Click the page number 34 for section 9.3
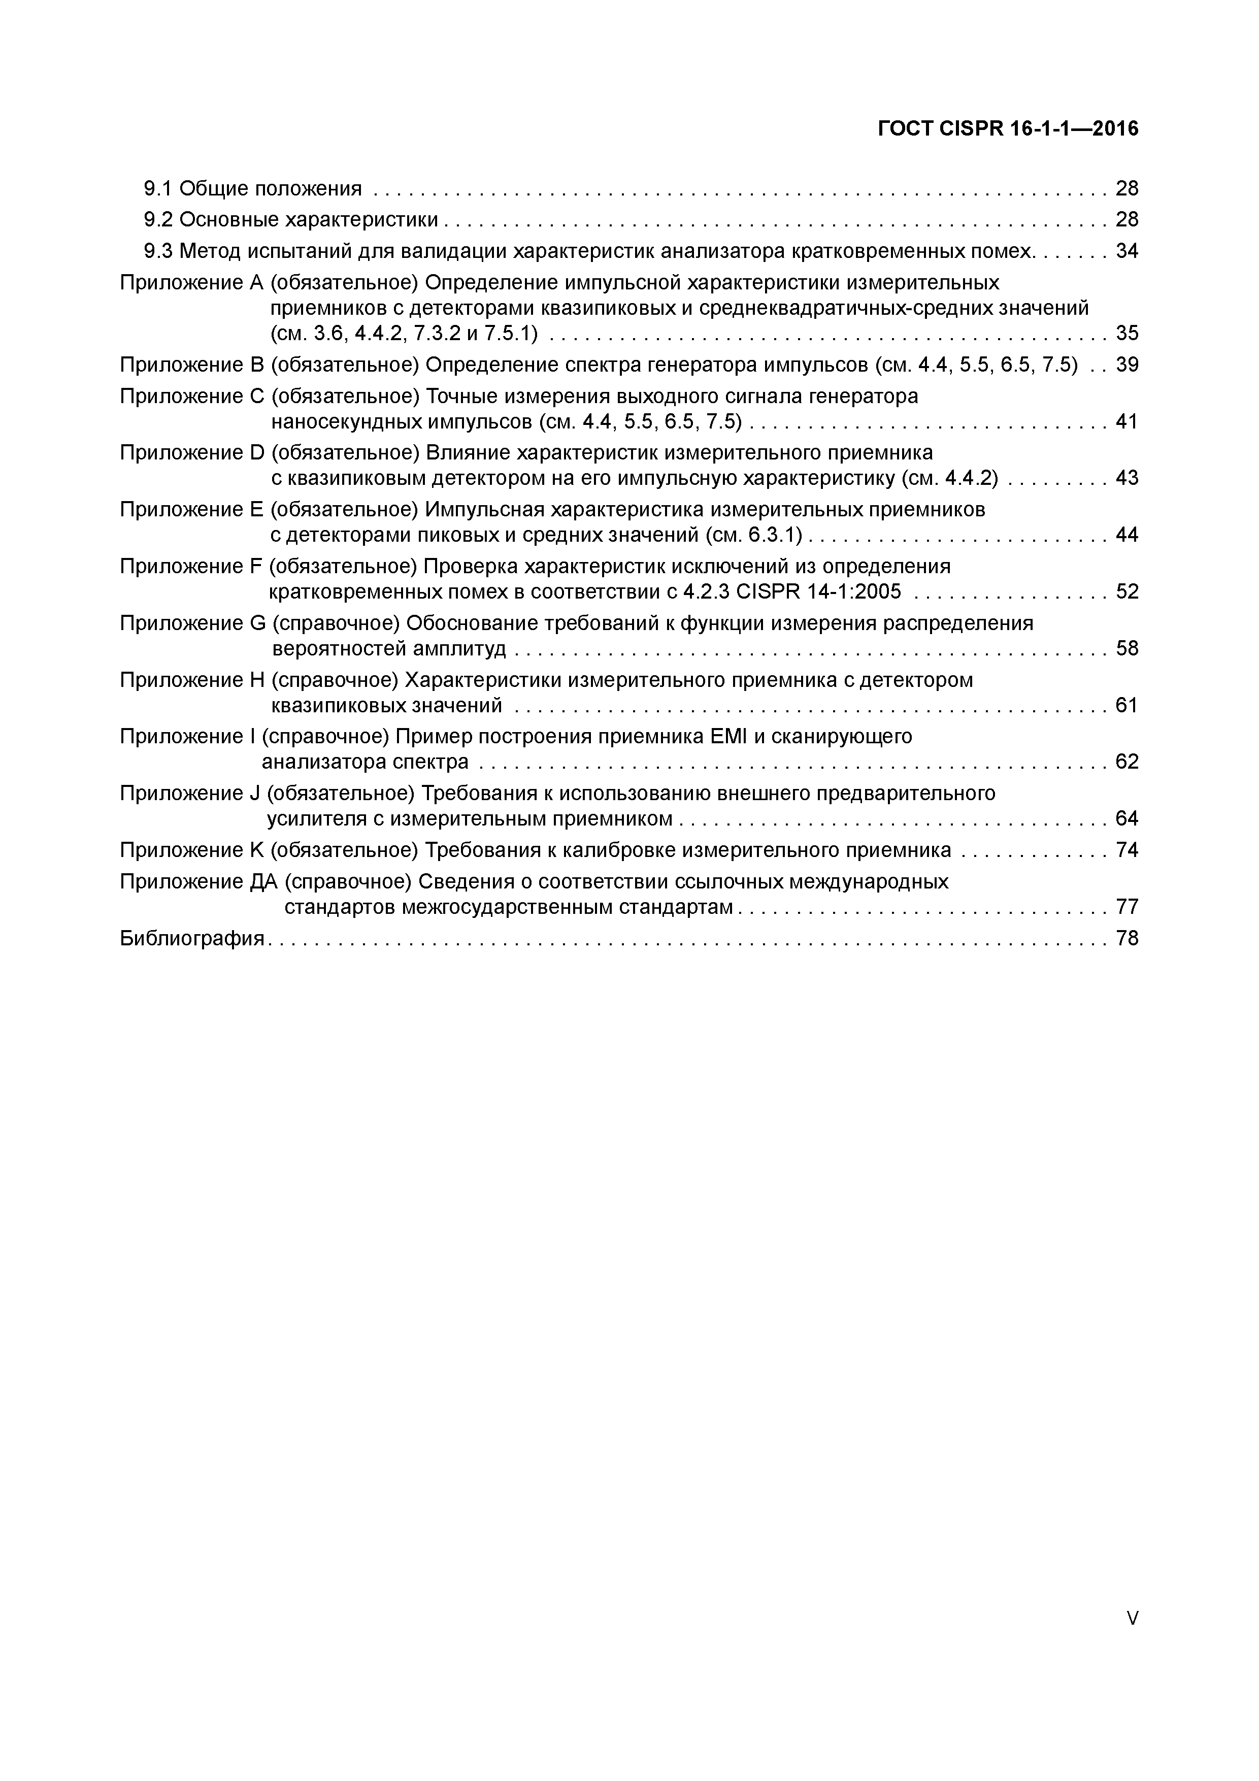point(1127,251)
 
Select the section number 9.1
point(158,188)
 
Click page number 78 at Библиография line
point(1127,939)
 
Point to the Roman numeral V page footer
point(1132,1596)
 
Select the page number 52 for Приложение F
point(1127,592)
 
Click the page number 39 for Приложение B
point(1127,365)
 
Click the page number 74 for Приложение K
point(1127,850)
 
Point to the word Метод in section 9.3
point(211,251)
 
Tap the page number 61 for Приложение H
point(1127,705)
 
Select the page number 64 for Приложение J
point(1127,818)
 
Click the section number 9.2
point(158,220)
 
